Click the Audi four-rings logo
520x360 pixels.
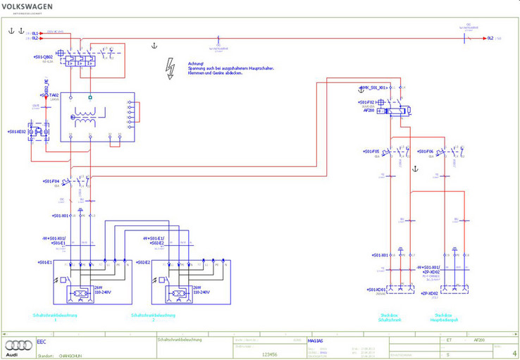pyautogui.click(x=19, y=345)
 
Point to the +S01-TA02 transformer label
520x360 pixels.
pyautogui.click(x=47, y=95)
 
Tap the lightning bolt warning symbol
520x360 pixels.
pyautogui.click(x=169, y=66)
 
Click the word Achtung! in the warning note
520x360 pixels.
pyautogui.click(x=196, y=63)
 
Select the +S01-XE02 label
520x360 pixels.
pyautogui.click(x=17, y=131)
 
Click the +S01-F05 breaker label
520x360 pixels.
pyautogui.click(x=371, y=151)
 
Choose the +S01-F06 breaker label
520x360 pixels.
pyautogui.click(x=425, y=151)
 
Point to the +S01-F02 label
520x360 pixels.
pyautogui.click(x=368, y=102)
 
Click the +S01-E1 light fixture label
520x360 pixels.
pyautogui.click(x=46, y=262)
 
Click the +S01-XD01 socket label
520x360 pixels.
pyautogui.click(x=377, y=290)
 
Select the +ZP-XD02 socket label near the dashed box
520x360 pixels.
pyautogui.click(x=430, y=293)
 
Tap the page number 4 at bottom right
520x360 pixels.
pyautogui.click(x=514, y=354)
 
